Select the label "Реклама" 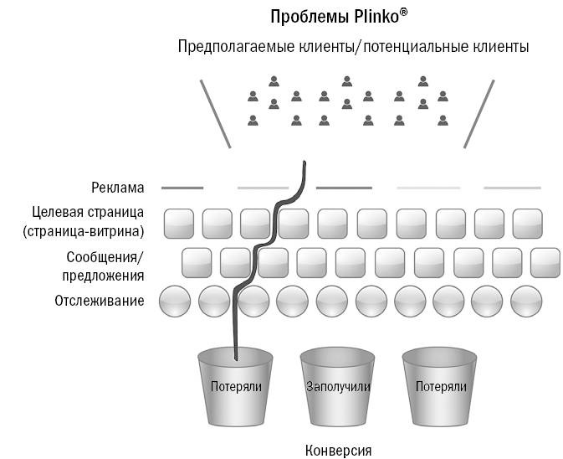[x=118, y=188]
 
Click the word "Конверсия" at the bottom [x=338, y=450]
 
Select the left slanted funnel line [x=215, y=113]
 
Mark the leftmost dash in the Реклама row [x=182, y=188]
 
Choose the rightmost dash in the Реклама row [x=509, y=188]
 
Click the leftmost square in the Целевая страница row [x=178, y=223]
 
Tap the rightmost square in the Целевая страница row [x=528, y=223]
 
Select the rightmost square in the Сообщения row [x=546, y=262]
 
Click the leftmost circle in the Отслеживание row [x=175, y=301]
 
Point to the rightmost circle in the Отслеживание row [x=527, y=301]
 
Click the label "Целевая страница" [x=89, y=212]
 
